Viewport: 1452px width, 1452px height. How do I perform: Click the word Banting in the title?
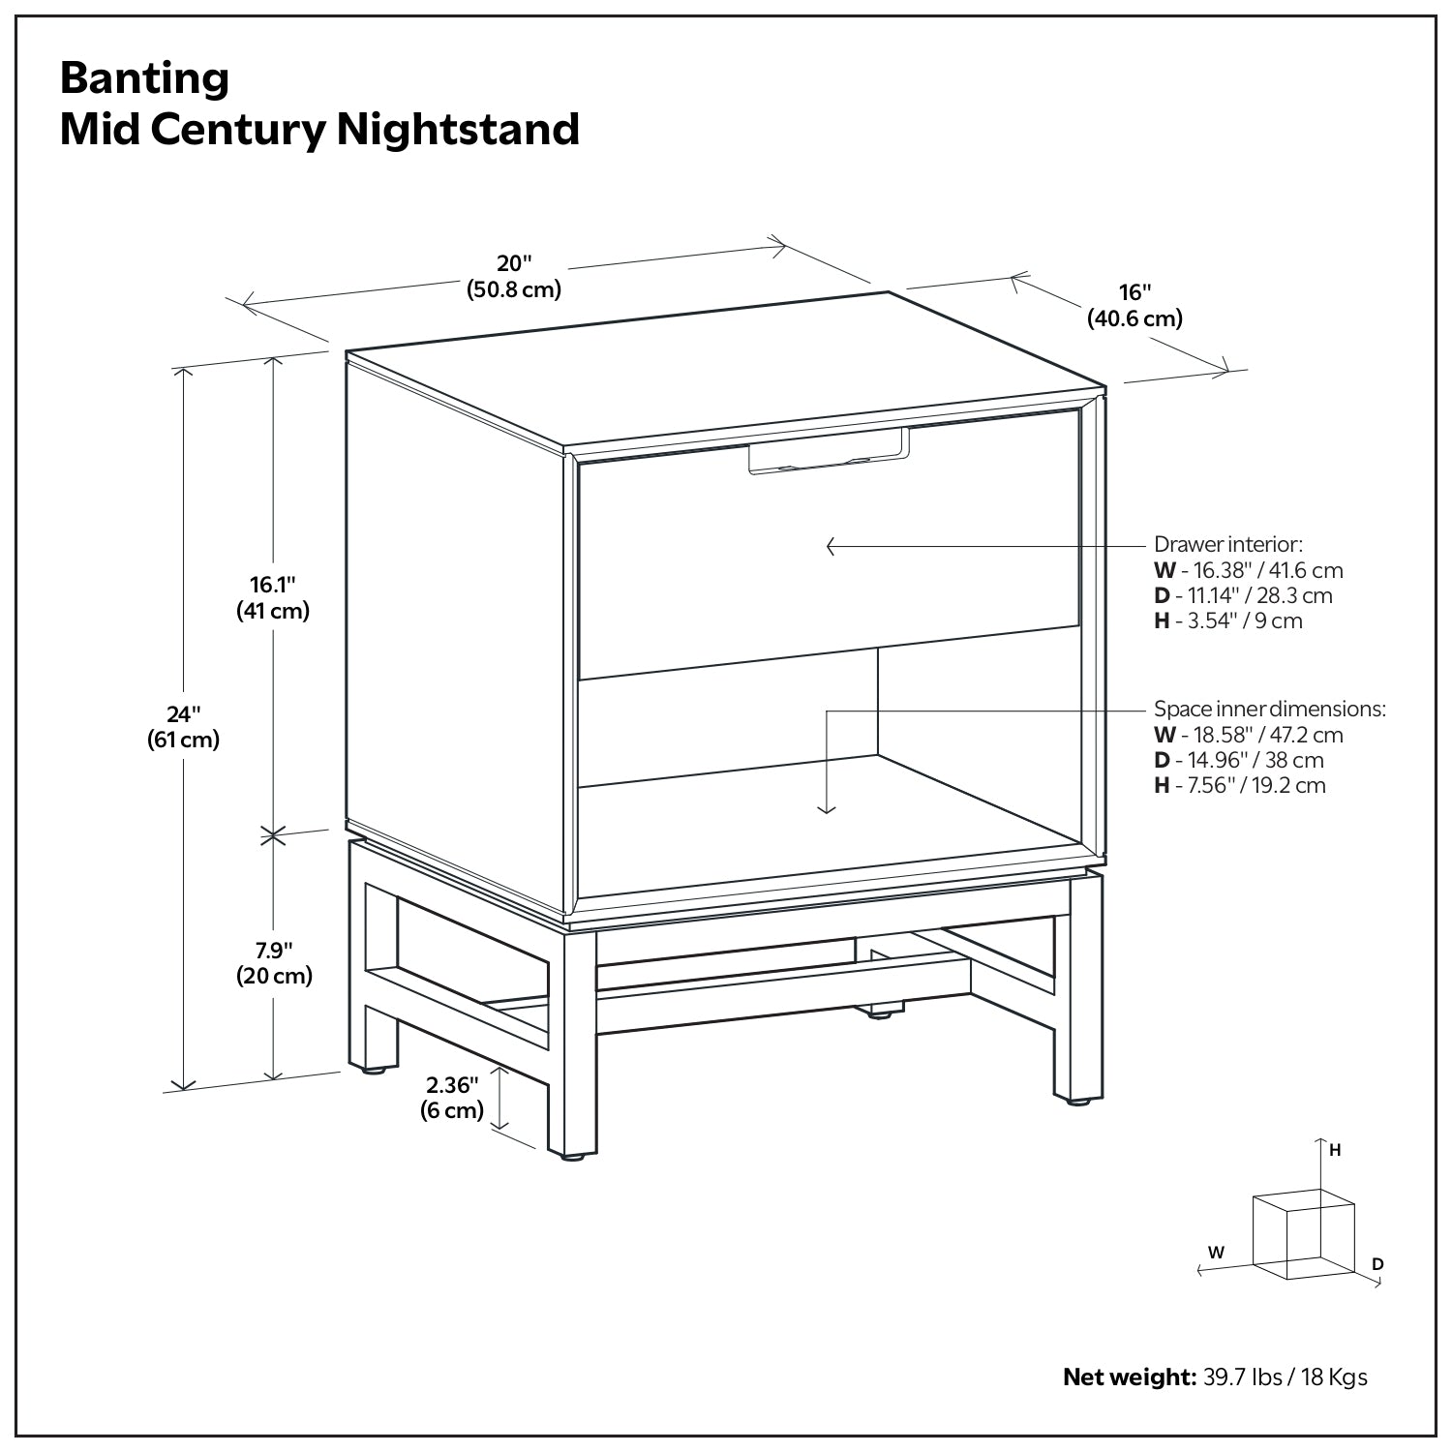[x=145, y=78]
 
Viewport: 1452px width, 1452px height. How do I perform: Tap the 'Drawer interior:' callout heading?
[x=1227, y=544]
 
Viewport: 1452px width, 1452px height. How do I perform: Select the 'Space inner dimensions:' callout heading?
[x=1269, y=709]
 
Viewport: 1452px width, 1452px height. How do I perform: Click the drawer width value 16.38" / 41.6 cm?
[x=1258, y=570]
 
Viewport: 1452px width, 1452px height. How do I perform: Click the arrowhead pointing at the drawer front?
[x=831, y=547]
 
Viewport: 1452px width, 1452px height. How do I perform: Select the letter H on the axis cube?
[x=1335, y=1151]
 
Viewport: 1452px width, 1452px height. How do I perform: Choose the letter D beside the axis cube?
[x=1377, y=1264]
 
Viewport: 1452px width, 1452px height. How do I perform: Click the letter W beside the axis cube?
[x=1216, y=1253]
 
